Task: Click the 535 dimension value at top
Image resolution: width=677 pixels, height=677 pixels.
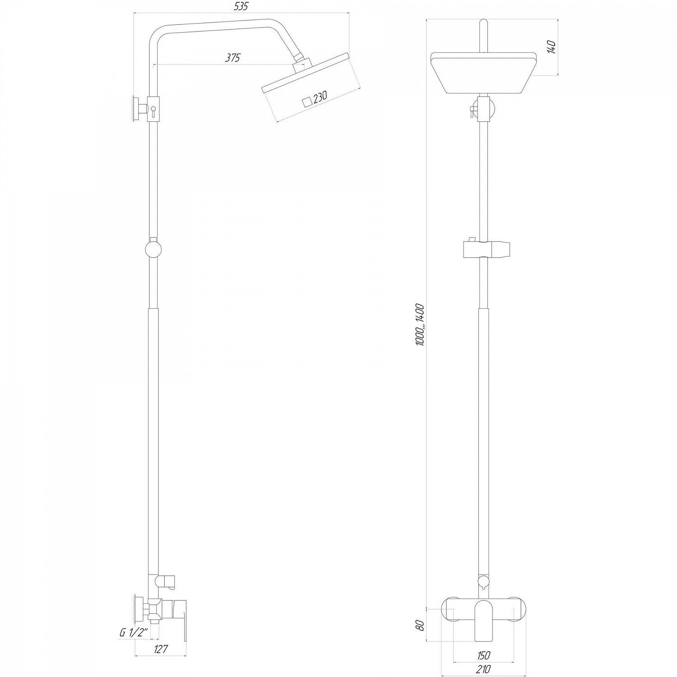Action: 241,6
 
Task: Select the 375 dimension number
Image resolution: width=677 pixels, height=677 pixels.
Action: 233,57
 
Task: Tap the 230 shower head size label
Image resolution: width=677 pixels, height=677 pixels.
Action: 320,97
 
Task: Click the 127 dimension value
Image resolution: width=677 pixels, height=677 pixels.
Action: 161,649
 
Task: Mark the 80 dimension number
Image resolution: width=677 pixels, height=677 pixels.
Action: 420,625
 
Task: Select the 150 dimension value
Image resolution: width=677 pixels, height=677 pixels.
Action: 483,655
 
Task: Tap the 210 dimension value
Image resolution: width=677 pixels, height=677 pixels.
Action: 483,669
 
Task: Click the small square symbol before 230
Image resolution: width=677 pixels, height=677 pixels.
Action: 307,101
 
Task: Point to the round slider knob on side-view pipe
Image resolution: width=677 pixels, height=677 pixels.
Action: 153,249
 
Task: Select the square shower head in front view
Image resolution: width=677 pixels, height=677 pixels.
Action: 483,73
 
